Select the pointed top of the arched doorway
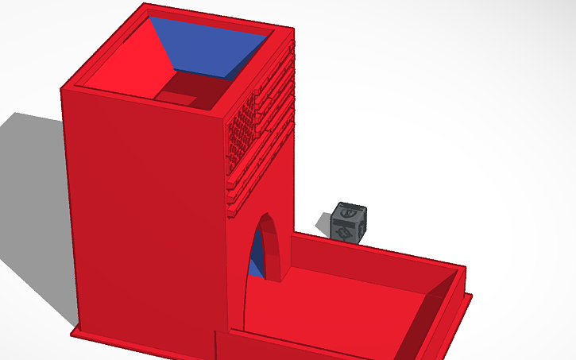[269, 215]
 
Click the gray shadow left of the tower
[32, 191]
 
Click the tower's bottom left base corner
[73, 331]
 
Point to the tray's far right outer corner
[470, 296]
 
